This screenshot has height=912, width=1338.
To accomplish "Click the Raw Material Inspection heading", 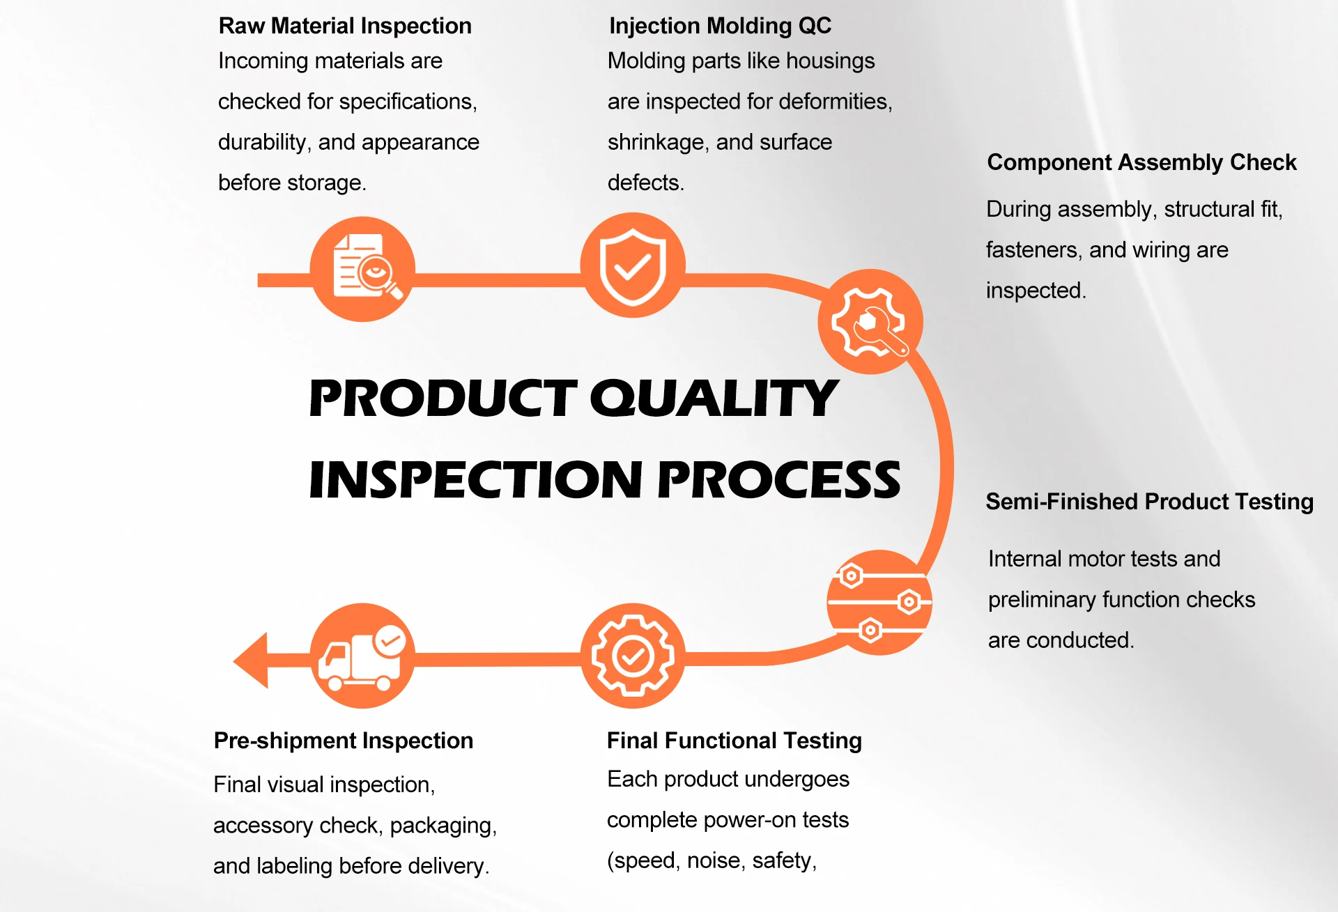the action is pos(345,26).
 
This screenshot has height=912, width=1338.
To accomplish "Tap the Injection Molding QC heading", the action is pos(720,26).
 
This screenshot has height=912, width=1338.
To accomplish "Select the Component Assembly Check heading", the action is pos(1141,162).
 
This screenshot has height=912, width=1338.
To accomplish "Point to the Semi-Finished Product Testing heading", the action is pos(1149,502).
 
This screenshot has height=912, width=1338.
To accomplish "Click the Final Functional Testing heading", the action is pos(734,741).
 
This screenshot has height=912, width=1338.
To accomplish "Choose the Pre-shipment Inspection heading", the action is pos(343,741).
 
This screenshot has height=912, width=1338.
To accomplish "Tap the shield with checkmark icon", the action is pos(633,265).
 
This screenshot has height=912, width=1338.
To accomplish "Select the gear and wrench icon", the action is pos(870,322).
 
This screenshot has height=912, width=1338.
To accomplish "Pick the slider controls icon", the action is pos(879,603).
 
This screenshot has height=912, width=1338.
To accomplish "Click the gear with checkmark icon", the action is pos(633,656).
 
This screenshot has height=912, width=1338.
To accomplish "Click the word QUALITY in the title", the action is pos(714,399).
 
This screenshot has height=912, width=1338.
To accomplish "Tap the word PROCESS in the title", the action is pos(779,480).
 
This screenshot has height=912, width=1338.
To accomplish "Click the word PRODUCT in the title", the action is pos(443,399).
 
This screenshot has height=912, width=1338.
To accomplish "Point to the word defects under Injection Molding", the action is pos(645,183).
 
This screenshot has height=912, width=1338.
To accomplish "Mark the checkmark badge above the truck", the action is pos(390,640).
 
